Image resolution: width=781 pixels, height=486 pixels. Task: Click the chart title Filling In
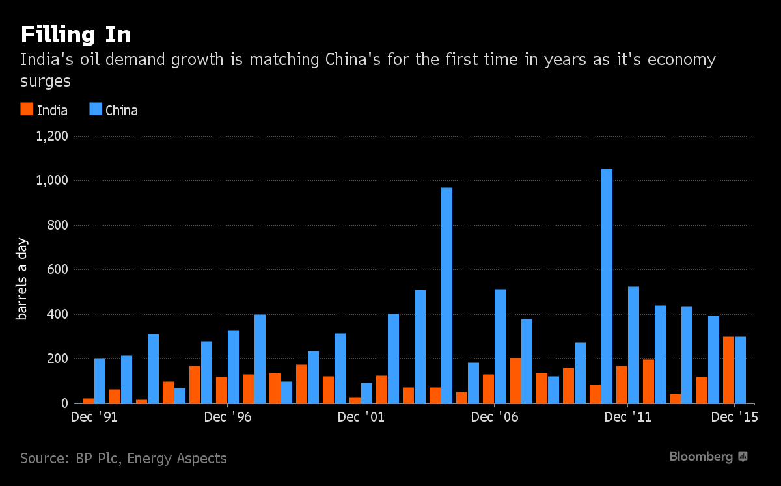tap(76, 34)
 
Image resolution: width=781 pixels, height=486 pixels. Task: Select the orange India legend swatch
tap(27, 109)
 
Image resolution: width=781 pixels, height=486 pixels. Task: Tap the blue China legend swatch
tap(96, 109)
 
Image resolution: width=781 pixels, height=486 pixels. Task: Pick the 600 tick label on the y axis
tap(58, 270)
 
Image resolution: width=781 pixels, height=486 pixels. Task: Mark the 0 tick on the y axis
tap(64, 404)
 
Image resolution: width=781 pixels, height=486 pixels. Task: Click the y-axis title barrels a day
tap(22, 278)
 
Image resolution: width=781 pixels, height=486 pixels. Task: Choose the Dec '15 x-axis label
tap(734, 418)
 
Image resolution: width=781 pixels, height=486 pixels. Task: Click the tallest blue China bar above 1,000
tap(607, 286)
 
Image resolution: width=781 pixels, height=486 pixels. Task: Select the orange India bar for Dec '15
tap(728, 370)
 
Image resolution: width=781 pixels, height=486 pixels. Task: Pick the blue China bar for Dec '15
tap(740, 370)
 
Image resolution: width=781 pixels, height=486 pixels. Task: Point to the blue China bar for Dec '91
tap(100, 381)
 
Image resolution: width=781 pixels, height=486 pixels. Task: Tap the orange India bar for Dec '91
tap(88, 401)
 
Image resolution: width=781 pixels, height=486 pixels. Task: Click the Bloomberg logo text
tap(701, 457)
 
